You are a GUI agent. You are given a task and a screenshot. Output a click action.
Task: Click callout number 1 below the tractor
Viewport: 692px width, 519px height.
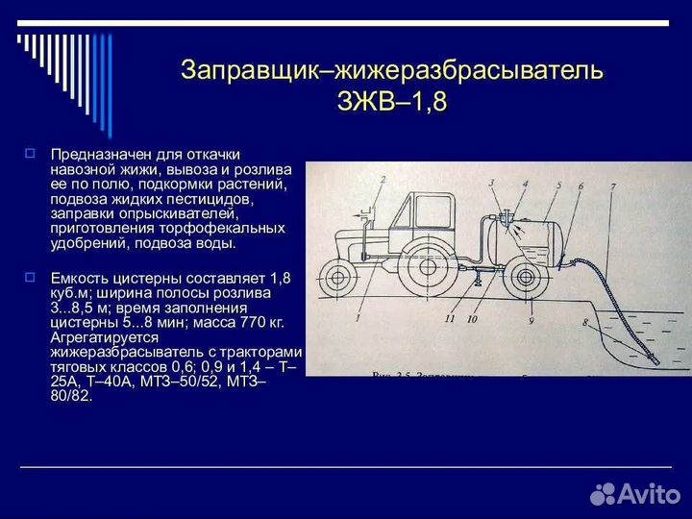[358, 316]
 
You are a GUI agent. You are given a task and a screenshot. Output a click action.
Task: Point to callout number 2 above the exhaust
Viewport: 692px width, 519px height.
[382, 180]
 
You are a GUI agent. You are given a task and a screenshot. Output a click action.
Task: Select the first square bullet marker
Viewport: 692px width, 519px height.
[30, 152]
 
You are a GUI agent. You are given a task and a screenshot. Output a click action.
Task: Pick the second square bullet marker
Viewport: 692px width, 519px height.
[30, 276]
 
